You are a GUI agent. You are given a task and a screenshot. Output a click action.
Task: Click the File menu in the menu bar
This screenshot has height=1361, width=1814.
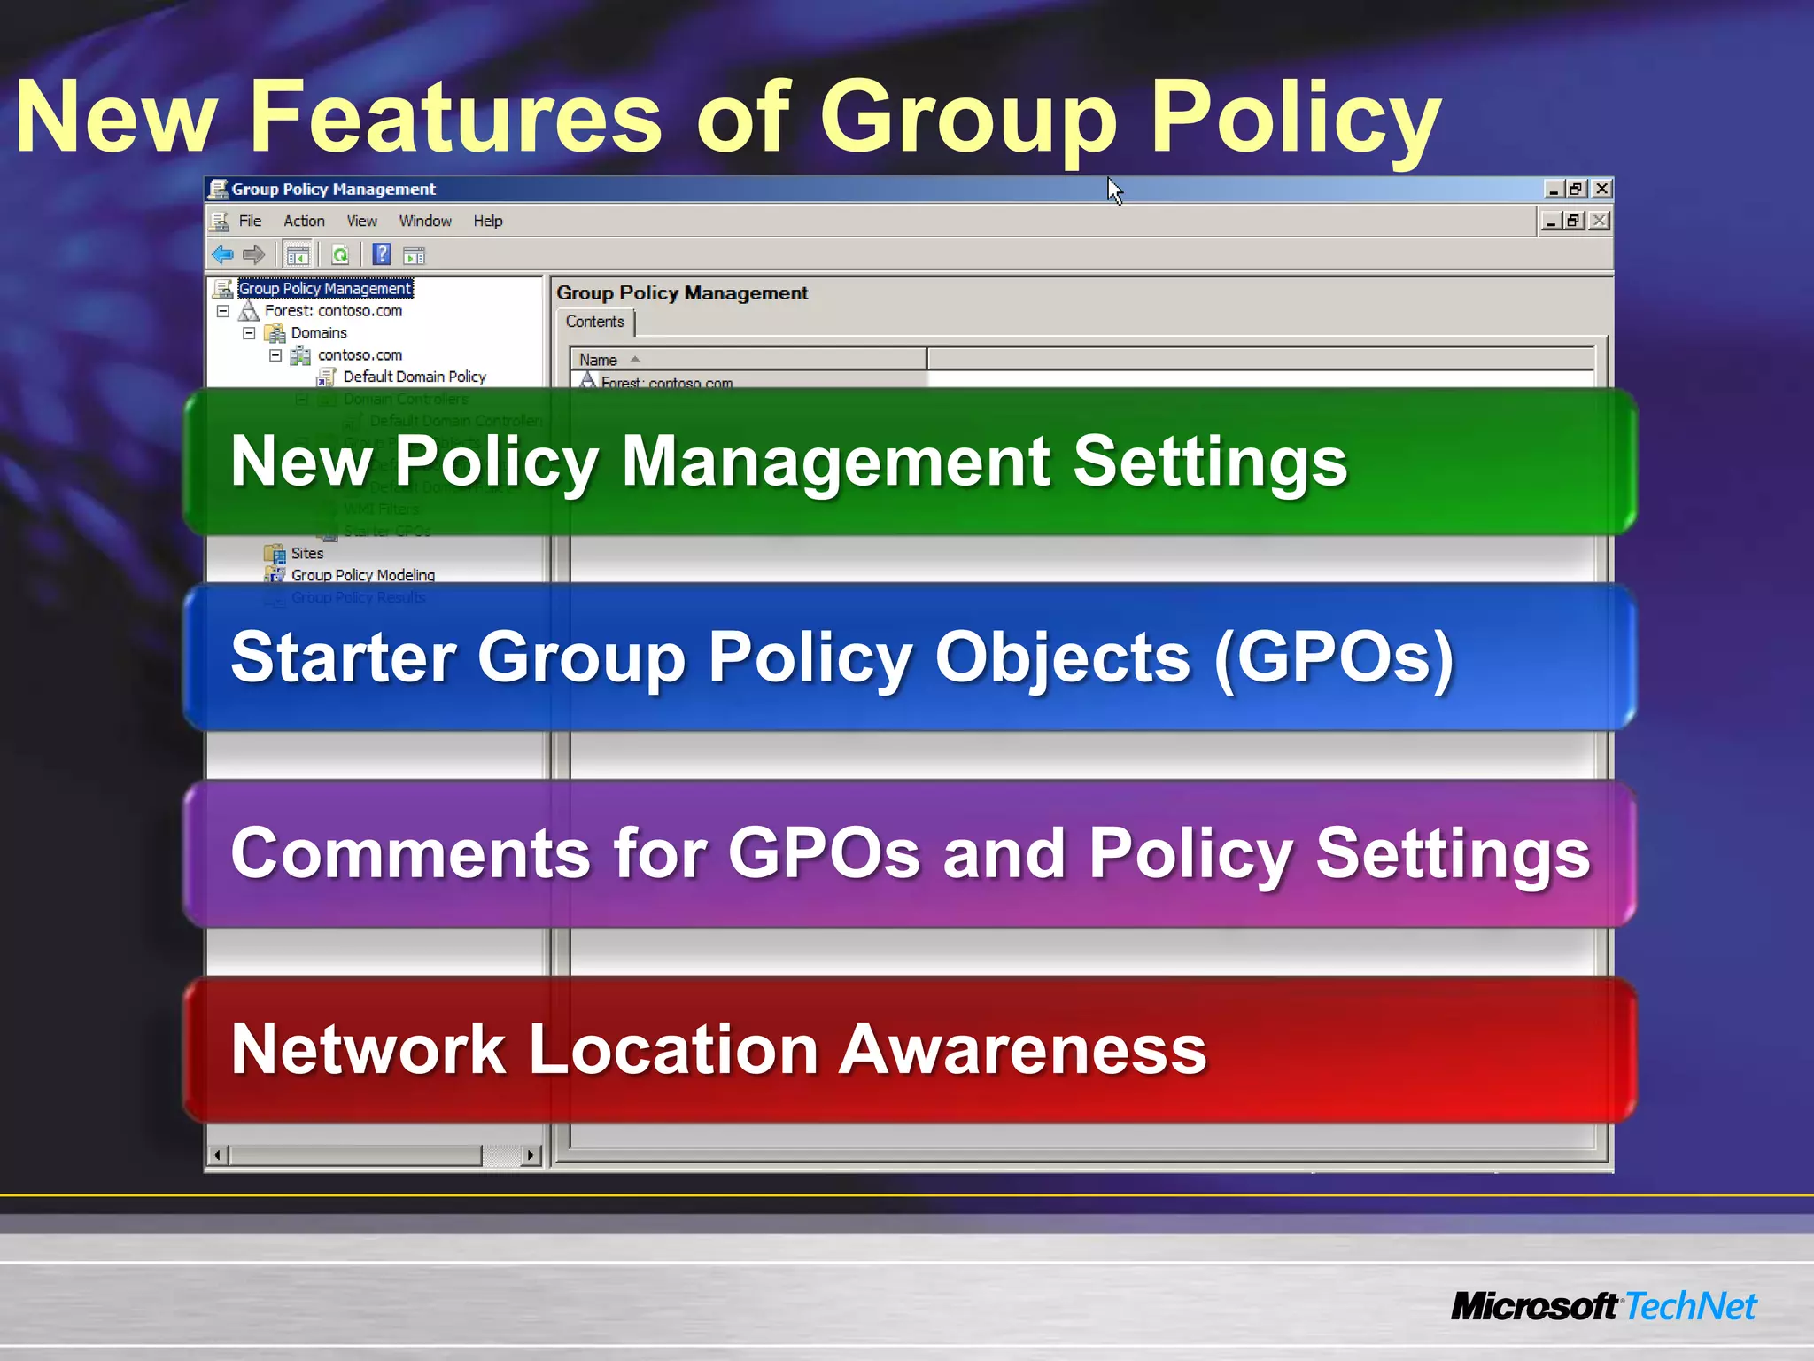click(x=250, y=221)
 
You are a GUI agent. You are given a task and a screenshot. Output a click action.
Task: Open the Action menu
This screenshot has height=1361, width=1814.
click(x=304, y=221)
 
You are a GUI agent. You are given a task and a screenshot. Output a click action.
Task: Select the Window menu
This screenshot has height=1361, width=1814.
click(x=425, y=221)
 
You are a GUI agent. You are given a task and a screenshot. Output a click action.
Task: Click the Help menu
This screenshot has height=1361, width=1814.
click(x=487, y=221)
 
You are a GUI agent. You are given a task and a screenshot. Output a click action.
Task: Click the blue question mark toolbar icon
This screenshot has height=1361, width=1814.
click(x=381, y=255)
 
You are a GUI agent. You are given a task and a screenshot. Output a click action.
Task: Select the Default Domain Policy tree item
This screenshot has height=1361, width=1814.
click(x=415, y=377)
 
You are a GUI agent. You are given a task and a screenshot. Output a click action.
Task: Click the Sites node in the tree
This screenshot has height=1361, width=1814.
click(x=307, y=553)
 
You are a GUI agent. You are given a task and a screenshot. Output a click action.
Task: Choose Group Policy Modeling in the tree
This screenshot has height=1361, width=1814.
click(x=363, y=575)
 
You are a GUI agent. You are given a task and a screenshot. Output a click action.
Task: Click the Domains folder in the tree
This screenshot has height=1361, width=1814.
click(x=319, y=333)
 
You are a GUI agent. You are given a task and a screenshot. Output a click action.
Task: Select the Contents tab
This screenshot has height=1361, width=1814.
click(x=595, y=322)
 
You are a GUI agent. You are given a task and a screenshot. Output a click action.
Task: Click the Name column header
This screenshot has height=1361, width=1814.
click(x=599, y=360)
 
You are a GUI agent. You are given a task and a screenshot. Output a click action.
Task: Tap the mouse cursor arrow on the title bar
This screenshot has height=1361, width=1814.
click(x=1114, y=191)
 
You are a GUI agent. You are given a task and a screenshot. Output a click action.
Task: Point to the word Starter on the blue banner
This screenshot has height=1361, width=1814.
click(x=344, y=657)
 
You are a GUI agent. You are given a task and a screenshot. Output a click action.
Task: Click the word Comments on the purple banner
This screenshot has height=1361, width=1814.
click(x=410, y=853)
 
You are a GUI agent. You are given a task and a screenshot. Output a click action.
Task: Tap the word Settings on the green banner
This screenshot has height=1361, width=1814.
click(x=1210, y=462)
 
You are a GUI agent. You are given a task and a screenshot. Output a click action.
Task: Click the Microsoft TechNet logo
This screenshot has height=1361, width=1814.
click(x=1603, y=1307)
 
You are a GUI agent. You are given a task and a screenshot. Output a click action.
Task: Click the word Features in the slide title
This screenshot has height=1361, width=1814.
click(x=455, y=117)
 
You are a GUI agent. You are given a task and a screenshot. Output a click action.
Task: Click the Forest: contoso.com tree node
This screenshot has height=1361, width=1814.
click(x=333, y=311)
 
